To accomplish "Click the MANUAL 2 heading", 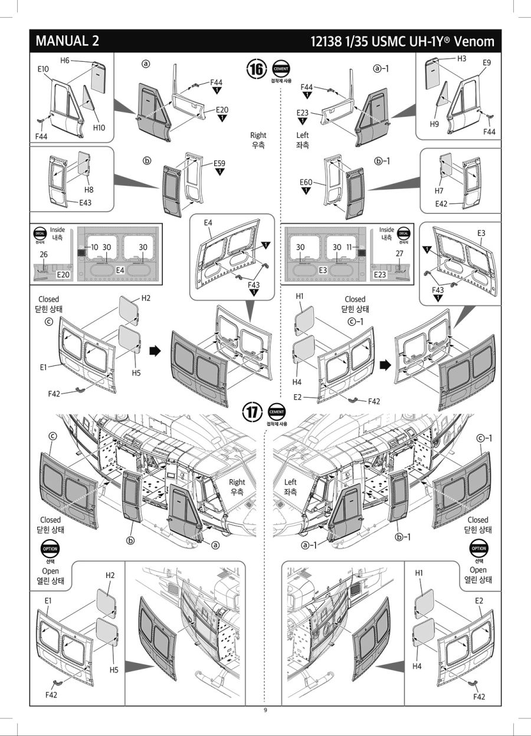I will pos(67,41).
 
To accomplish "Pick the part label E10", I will pos(42,69).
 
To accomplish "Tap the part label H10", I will pos(99,127).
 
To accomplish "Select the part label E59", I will pos(219,163).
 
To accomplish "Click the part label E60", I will pos(306,182).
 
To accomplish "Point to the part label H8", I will pos(88,190).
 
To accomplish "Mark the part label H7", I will pos(439,192).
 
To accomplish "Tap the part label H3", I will pos(461,58).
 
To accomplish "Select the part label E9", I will pos(487,63).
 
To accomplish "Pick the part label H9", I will pos(434,124).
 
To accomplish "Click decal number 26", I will pos(44,255).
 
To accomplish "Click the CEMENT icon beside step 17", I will pos(276,411).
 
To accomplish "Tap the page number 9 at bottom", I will pos(265,710).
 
